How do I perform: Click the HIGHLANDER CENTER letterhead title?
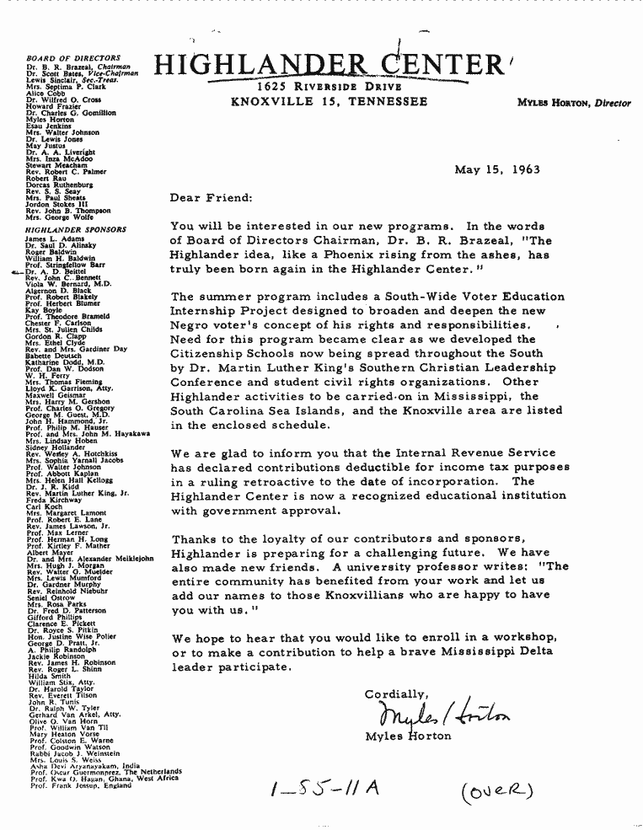(329, 65)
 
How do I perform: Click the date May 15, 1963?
(497, 169)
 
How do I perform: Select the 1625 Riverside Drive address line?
(329, 88)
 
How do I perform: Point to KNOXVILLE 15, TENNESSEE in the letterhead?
(329, 102)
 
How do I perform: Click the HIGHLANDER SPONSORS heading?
(76, 229)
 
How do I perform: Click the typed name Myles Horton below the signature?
(408, 736)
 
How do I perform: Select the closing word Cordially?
(395, 694)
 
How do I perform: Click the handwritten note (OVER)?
(497, 791)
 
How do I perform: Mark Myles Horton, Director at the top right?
(574, 103)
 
